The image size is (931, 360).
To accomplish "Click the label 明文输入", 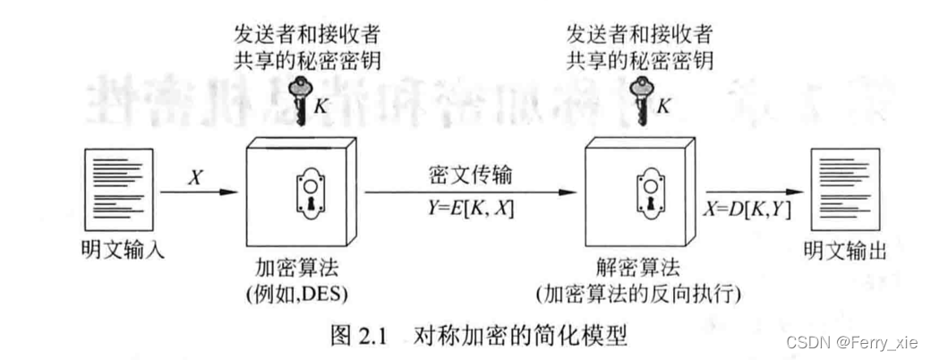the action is tap(112, 252).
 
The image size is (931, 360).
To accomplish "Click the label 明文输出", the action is tap(843, 252).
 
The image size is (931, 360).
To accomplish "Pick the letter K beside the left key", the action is tap(320, 105).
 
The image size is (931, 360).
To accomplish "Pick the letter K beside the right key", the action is tap(663, 105).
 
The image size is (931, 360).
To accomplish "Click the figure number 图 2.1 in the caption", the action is tap(358, 338).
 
